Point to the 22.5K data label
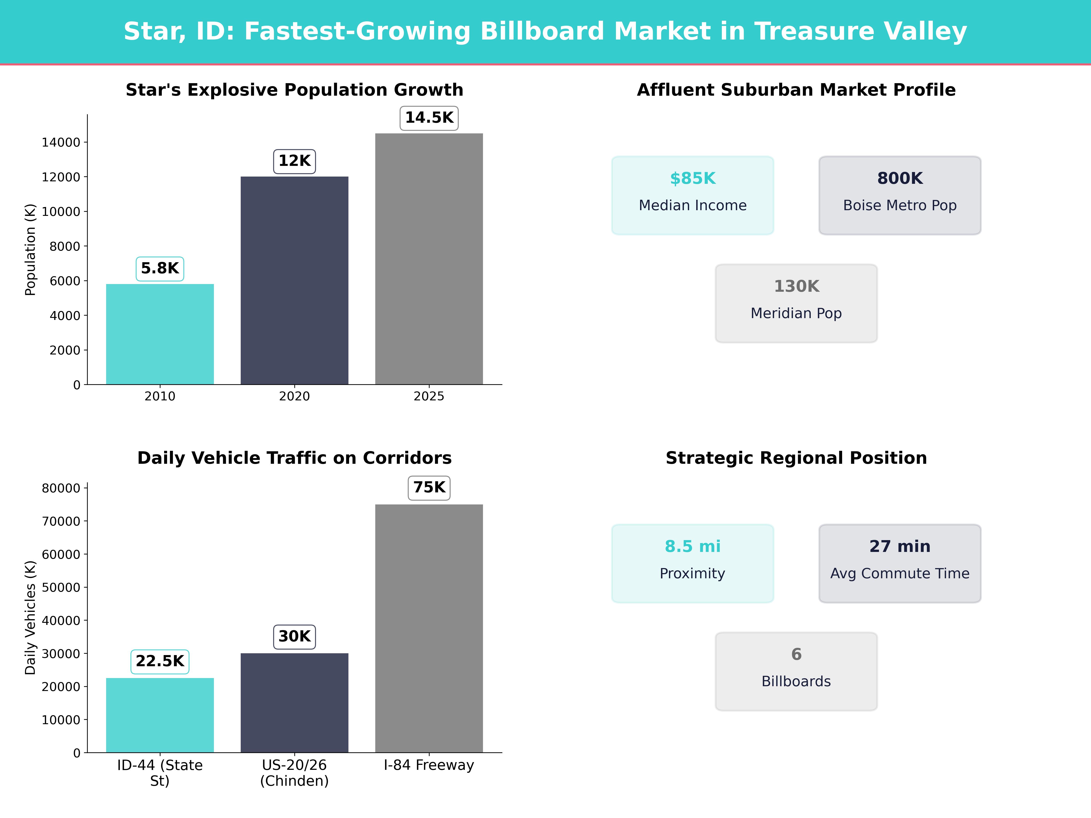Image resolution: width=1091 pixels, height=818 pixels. point(160,661)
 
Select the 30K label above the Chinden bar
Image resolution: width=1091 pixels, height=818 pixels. point(294,636)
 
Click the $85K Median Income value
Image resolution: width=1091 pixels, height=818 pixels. point(693,179)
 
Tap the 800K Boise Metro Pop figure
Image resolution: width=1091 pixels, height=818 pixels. point(900,179)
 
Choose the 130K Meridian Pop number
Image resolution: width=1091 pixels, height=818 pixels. point(796,287)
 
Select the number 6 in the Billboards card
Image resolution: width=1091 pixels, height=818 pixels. point(796,654)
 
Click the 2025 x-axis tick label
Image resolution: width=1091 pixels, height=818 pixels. point(429,397)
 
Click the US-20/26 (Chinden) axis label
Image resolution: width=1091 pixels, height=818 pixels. point(294,773)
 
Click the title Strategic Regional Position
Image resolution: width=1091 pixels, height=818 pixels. point(796,458)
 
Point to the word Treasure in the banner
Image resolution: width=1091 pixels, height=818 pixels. point(814,32)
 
